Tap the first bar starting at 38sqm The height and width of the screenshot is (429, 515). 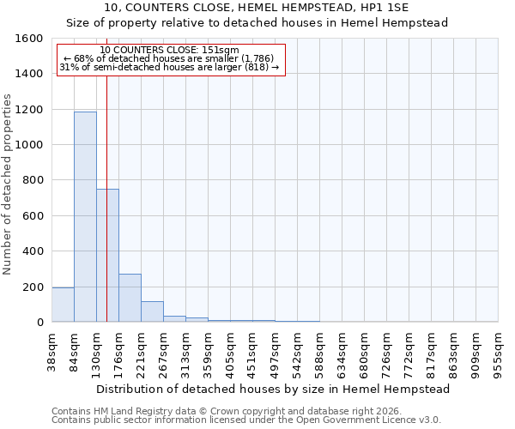pos(63,305)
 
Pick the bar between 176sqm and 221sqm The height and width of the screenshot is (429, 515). pos(130,298)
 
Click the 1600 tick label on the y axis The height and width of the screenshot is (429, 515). pos(29,39)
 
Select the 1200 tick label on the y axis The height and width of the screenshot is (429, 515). pos(29,110)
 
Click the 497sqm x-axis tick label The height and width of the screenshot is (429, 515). pos(276,352)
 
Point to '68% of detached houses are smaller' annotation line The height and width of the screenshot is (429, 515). pos(169,58)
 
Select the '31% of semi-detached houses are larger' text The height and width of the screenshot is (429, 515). pos(169,67)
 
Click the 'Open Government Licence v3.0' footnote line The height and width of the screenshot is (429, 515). pos(246,420)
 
